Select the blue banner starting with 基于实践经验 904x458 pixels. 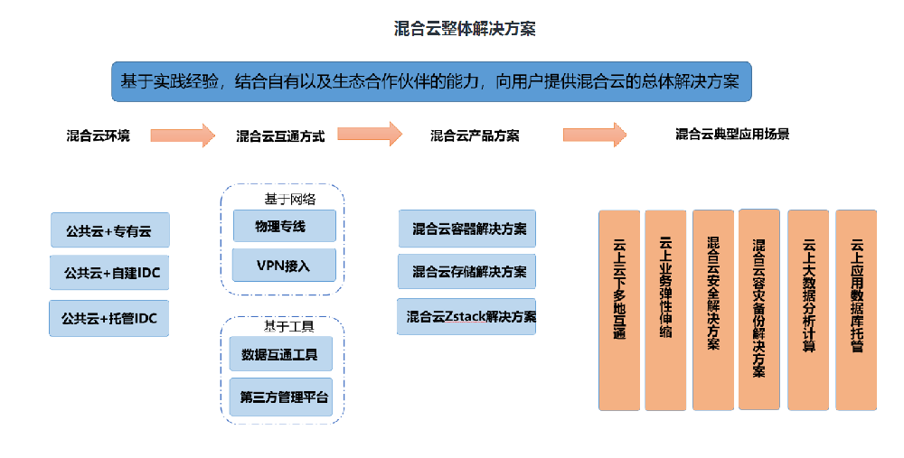click(431, 81)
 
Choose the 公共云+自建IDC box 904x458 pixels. click(110, 273)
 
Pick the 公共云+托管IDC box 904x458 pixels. click(109, 319)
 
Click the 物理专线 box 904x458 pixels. click(284, 226)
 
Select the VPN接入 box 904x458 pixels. click(284, 266)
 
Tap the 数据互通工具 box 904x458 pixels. click(280, 354)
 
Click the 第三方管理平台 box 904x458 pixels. click(284, 397)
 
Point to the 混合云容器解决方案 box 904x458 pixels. click(466, 229)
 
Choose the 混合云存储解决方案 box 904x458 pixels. click(466, 271)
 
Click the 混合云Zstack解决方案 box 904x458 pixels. click(466, 316)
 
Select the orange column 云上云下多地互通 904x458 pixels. click(619, 310)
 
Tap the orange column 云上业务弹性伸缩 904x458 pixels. click(665, 310)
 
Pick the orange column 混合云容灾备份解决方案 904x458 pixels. click(758, 310)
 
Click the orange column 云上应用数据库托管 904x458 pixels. click(856, 310)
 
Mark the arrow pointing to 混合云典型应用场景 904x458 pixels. click(594, 135)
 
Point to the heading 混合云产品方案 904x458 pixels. click(475, 136)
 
